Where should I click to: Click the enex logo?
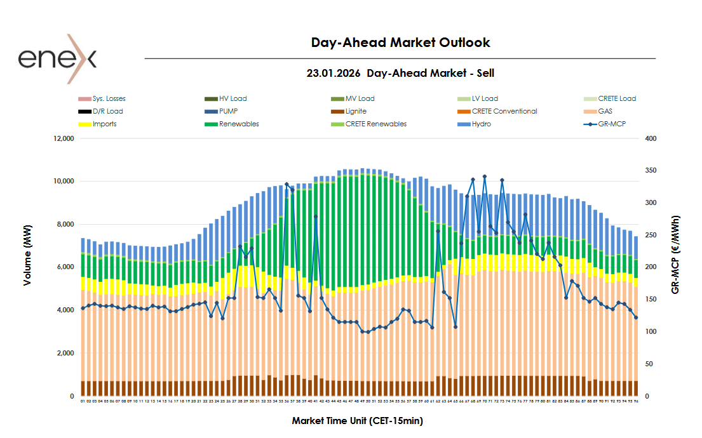57,59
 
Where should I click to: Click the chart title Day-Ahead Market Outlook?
400,43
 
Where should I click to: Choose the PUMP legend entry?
228,111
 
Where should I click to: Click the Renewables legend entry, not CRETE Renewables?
238,124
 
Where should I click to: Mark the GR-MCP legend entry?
611,124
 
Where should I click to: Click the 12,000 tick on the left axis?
64,138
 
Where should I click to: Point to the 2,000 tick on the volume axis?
65,353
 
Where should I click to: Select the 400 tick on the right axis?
651,138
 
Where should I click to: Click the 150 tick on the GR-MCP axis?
651,299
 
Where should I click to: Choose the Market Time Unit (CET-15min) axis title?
357,421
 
